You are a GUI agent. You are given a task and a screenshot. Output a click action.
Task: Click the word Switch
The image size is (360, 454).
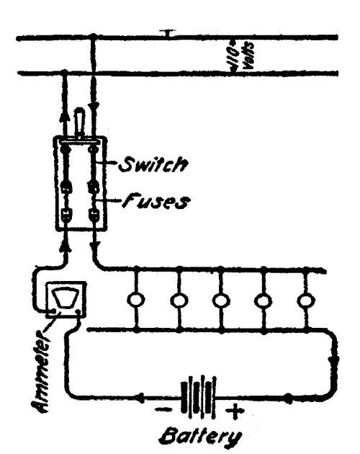pos(153,164)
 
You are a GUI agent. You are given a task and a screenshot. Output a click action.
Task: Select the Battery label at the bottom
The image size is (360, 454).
pos(200,438)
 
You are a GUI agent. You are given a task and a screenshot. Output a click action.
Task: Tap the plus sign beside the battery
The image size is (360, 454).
pos(235,411)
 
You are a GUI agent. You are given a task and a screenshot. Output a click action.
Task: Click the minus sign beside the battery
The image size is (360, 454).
pos(163,409)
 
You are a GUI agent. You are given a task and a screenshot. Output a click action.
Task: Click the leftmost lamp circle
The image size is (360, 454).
pos(136,301)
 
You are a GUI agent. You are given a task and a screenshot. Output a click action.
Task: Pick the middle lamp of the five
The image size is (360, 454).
pos(221,301)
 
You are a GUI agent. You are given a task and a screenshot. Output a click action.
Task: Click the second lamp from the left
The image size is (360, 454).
pos(179,301)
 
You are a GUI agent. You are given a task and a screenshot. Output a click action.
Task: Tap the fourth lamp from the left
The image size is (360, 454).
pos(263,301)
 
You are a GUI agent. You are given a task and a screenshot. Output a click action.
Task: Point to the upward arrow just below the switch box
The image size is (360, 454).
pos(66,246)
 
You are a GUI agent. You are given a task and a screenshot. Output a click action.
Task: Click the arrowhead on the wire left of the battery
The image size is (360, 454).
pos(140,398)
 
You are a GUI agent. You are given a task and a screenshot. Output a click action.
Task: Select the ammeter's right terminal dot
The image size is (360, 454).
pos(78,311)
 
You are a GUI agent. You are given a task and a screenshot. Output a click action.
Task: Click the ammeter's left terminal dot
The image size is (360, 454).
pos(53,311)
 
